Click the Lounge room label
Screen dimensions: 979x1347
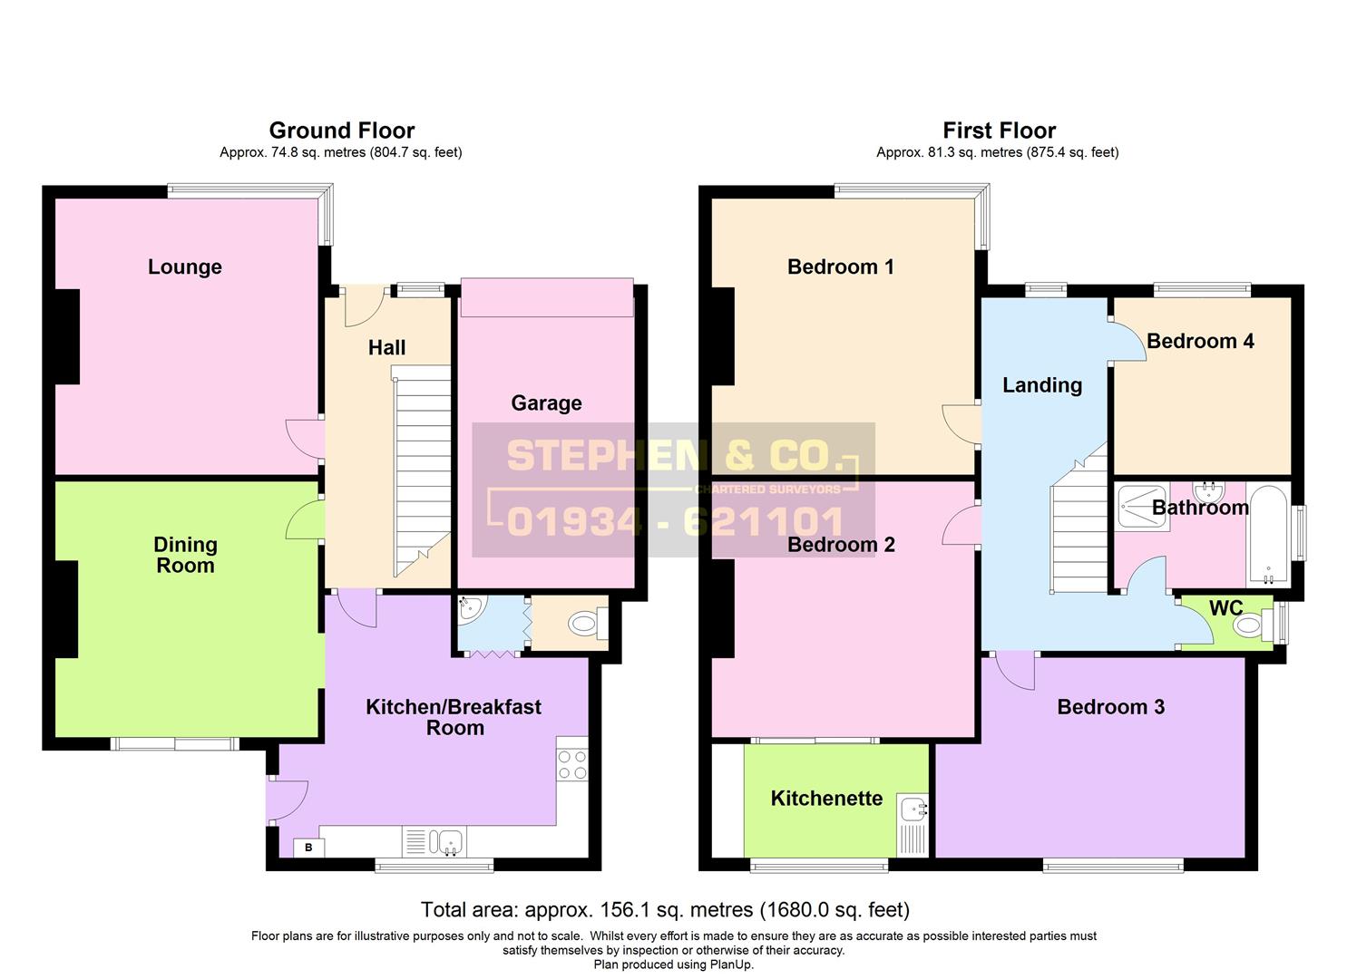point(185,267)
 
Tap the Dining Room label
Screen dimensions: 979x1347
point(185,555)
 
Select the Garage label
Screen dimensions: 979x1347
point(546,403)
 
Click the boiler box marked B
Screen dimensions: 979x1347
point(308,848)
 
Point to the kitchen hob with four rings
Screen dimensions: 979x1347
point(571,763)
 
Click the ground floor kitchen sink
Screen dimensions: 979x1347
point(446,842)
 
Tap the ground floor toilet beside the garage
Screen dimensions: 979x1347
point(585,624)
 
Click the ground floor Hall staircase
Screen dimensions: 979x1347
point(422,471)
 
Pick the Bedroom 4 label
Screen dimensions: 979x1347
point(1200,341)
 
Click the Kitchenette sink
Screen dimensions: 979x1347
point(912,808)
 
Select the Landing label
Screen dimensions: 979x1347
point(1042,385)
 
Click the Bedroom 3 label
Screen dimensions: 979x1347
point(1110,707)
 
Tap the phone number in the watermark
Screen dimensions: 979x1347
point(675,522)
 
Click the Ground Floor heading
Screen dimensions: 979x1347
point(342,131)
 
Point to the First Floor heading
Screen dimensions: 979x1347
point(999,131)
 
